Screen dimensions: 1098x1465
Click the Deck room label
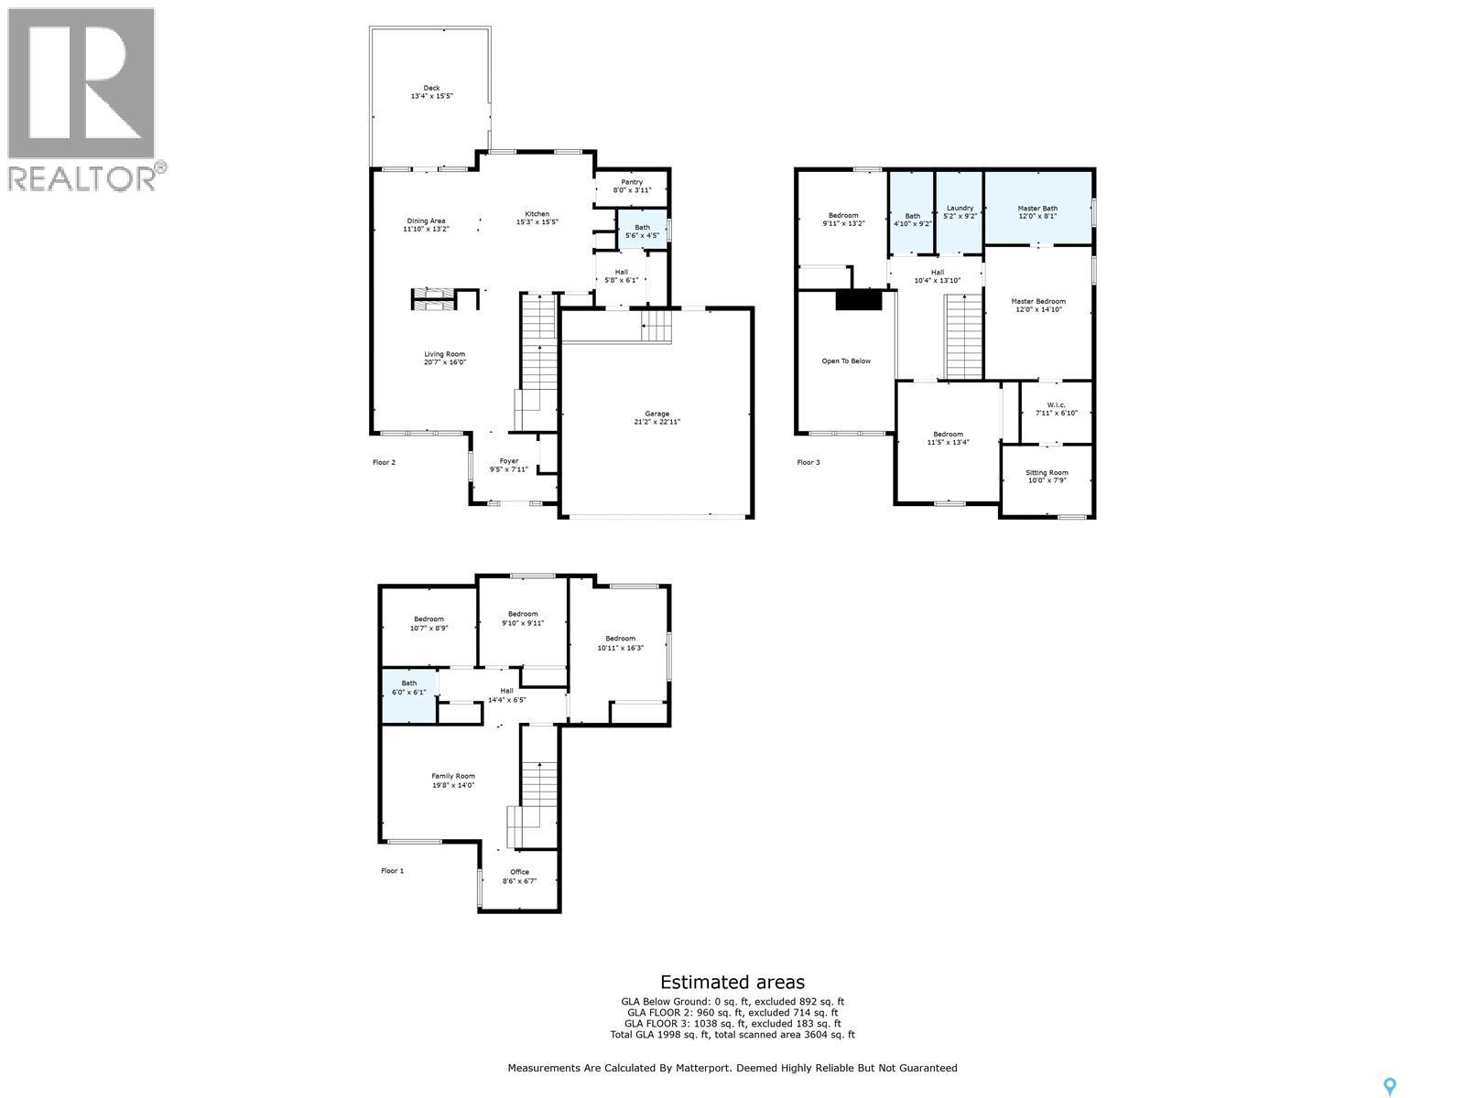tap(431, 89)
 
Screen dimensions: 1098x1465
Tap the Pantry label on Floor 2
tap(632, 182)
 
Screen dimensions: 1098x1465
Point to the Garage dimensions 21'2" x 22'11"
tap(657, 422)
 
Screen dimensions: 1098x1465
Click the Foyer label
tap(508, 461)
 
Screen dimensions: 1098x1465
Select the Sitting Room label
tap(1047, 473)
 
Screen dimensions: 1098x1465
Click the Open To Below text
tap(845, 361)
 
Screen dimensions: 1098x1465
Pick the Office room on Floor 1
tap(519, 877)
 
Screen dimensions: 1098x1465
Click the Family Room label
tap(453, 777)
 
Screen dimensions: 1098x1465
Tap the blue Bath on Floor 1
tap(408, 694)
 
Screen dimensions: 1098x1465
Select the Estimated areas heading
tap(732, 983)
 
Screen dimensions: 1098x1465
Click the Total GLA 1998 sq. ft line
tap(732, 1035)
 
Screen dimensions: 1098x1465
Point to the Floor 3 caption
tap(808, 463)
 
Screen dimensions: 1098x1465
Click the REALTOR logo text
tap(82, 177)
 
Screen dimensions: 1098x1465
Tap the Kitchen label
tap(537, 215)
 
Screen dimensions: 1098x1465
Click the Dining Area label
tap(426, 221)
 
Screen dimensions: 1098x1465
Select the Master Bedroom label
tap(1037, 301)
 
